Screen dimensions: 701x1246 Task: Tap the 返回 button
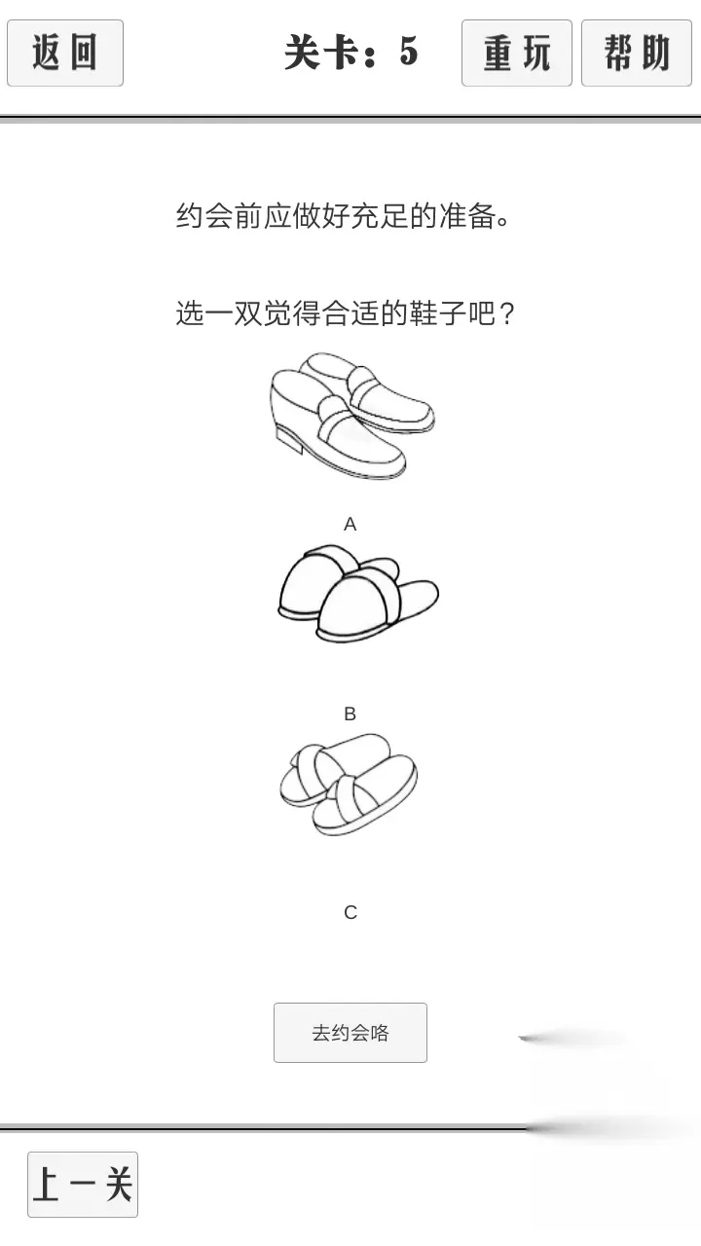[x=65, y=53]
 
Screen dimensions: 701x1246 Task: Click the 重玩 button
[x=517, y=53]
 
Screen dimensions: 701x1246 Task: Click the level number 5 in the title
[x=408, y=52]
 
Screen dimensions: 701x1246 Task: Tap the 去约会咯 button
[x=350, y=1033]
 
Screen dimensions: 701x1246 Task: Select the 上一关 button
[x=83, y=1185]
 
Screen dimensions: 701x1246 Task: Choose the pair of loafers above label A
[x=351, y=415]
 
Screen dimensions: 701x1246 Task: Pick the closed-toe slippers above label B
[x=358, y=594]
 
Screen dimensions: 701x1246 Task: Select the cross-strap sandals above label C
[x=349, y=785]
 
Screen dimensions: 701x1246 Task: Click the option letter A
[x=350, y=524]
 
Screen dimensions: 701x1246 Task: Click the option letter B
[x=350, y=714]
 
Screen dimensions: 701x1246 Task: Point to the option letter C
[x=350, y=912]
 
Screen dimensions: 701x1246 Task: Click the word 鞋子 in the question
[x=438, y=313]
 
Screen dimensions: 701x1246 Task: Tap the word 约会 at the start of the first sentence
[x=204, y=216]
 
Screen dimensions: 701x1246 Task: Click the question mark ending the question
[x=507, y=313]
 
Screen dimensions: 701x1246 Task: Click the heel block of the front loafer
[x=288, y=438]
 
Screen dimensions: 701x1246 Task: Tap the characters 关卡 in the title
[x=320, y=53]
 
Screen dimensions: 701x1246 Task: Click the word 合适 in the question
[x=350, y=313]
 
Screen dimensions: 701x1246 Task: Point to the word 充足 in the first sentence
[x=380, y=216]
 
